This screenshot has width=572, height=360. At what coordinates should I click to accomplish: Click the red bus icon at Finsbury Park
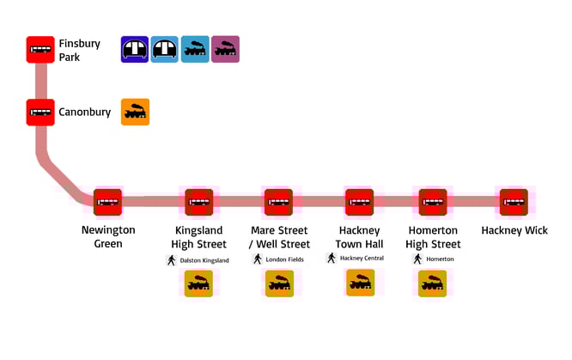[40, 50]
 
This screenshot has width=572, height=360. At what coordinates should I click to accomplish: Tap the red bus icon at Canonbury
[40, 112]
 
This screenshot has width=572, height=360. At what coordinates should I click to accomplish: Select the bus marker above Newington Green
[107, 203]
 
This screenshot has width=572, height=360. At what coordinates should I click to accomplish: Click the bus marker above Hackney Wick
[514, 203]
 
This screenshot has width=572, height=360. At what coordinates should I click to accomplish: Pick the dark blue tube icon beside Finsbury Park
[135, 50]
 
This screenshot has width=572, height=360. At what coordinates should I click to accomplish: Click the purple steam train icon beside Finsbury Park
[226, 50]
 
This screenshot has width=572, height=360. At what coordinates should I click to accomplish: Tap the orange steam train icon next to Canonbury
[135, 112]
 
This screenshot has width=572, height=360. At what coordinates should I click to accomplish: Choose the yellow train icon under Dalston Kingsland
[199, 284]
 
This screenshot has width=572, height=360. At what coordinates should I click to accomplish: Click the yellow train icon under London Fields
[279, 284]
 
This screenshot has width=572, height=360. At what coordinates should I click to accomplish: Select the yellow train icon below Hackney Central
[360, 283]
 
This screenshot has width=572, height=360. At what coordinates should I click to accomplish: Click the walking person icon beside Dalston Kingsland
[172, 260]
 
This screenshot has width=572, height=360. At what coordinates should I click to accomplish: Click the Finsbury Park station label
[80, 50]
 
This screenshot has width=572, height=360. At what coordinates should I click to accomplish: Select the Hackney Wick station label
[514, 230]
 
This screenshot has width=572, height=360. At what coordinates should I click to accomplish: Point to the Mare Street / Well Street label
[280, 237]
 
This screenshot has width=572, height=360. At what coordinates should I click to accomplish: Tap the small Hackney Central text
[362, 259]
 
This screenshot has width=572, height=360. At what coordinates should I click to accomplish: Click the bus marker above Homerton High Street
[433, 203]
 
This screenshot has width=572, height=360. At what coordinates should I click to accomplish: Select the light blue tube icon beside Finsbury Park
[165, 50]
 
